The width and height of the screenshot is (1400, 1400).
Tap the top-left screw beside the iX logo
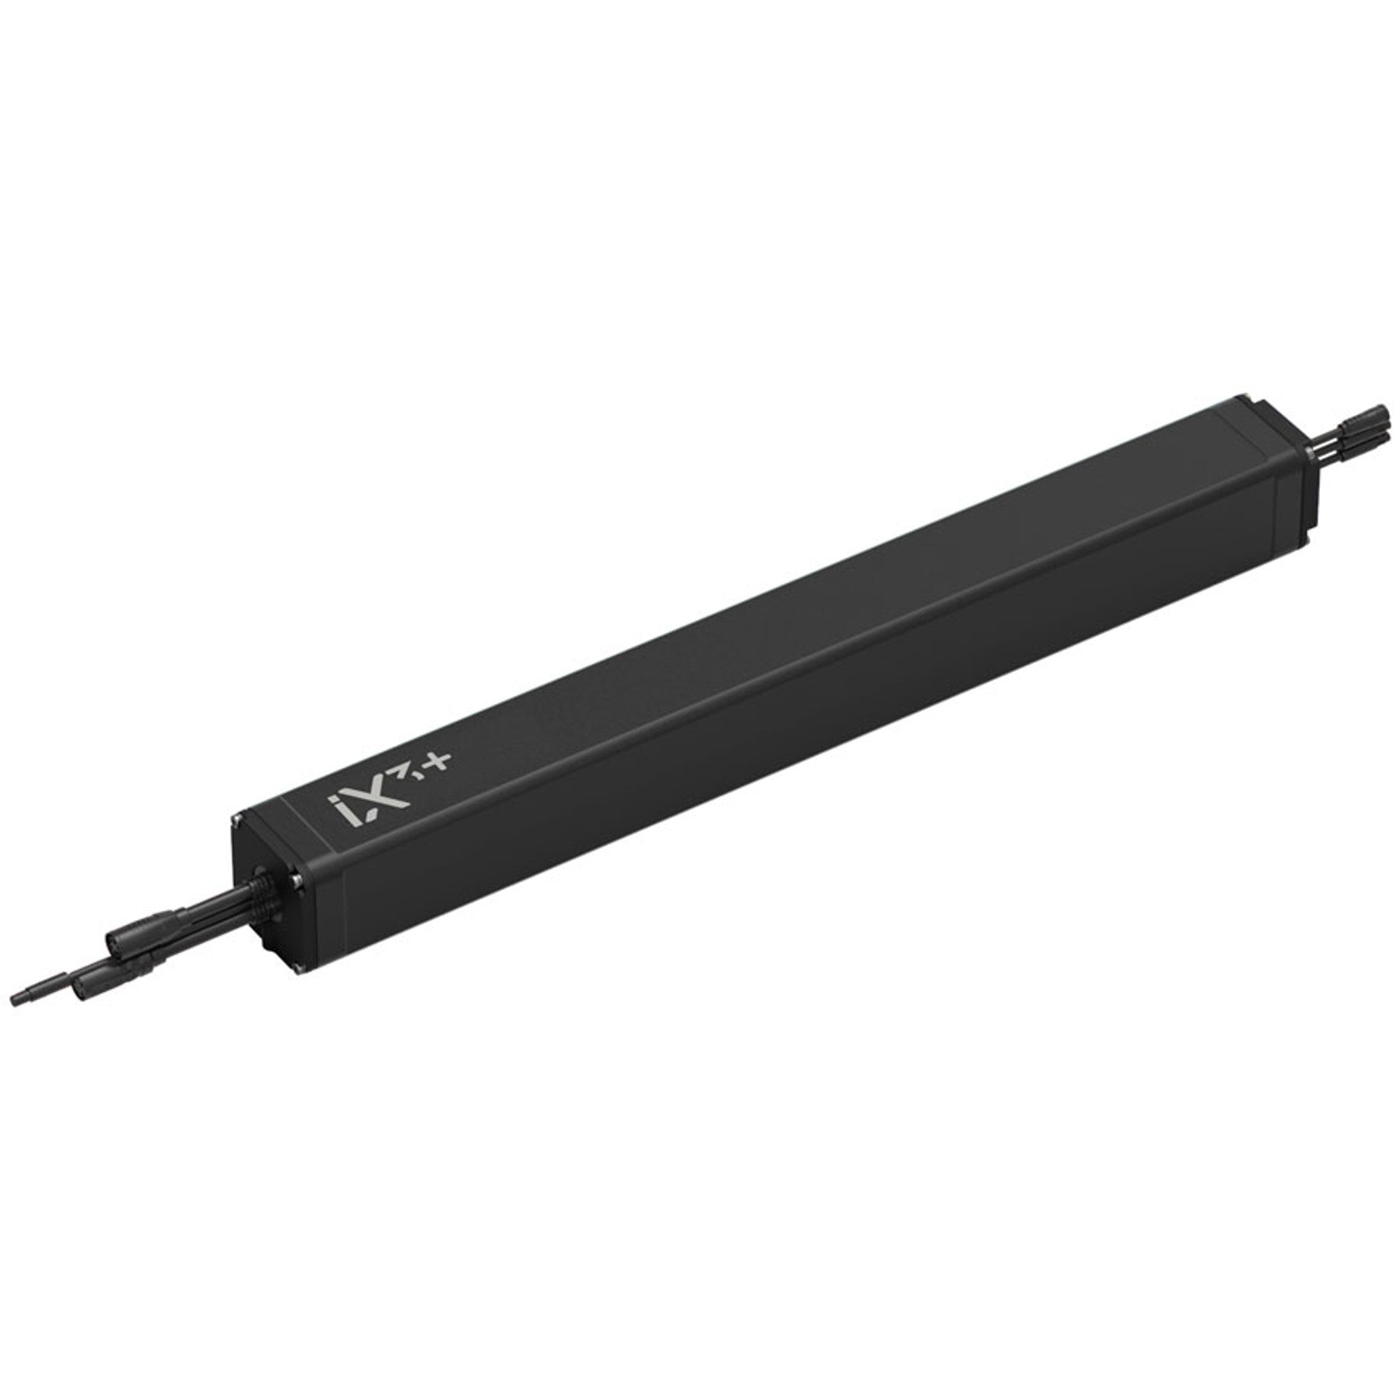[x=237, y=820]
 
